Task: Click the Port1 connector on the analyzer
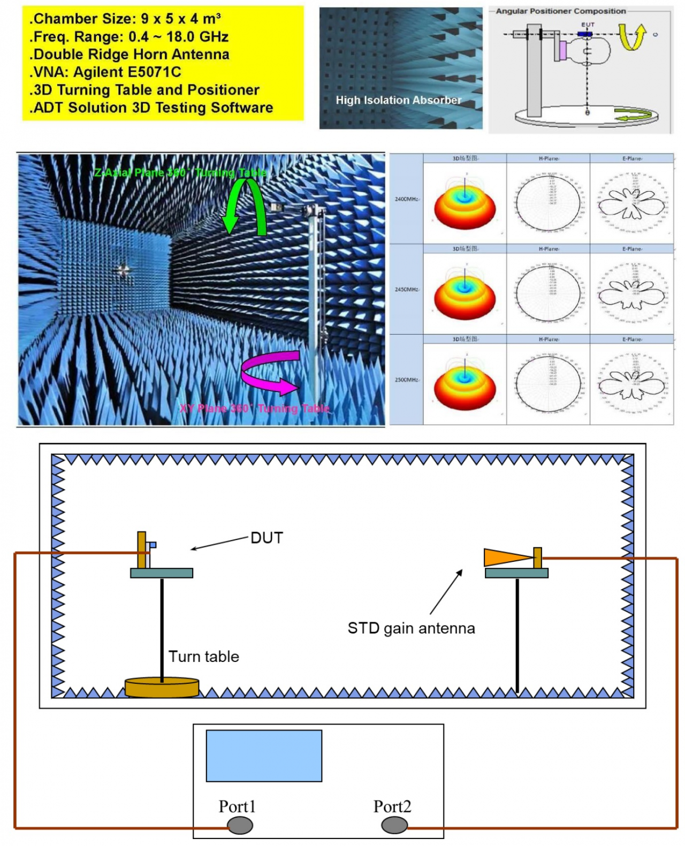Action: coord(240,825)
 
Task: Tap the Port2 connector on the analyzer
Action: coord(394,825)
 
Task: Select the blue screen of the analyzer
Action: coord(264,756)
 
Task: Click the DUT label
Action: coord(267,538)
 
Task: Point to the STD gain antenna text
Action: coord(411,628)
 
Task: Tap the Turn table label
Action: coord(203,656)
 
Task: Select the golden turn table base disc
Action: coord(162,687)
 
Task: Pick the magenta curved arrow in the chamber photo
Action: coord(268,372)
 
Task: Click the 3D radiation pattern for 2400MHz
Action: coord(465,206)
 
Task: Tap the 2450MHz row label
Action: coord(406,289)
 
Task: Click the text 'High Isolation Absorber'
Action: coord(398,100)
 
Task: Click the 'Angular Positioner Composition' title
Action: coord(560,11)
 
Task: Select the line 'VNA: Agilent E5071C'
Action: coord(105,72)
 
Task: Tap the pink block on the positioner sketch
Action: coord(562,50)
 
